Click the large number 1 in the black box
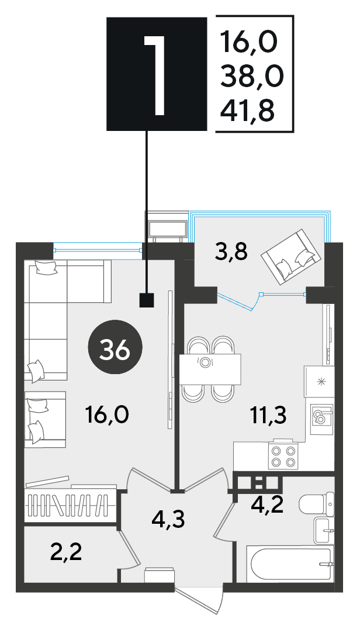[155, 75]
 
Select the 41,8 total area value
[247, 110]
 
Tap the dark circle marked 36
[115, 348]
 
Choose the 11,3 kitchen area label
[269, 416]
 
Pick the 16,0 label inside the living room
[107, 414]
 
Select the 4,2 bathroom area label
[267, 504]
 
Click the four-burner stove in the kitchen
[283, 456]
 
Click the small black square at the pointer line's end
[146, 300]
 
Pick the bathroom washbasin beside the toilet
[324, 530]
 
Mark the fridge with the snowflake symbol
[319, 382]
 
